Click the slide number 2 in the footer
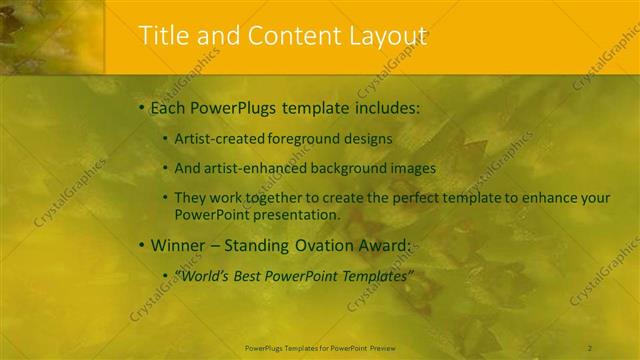coord(590,347)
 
